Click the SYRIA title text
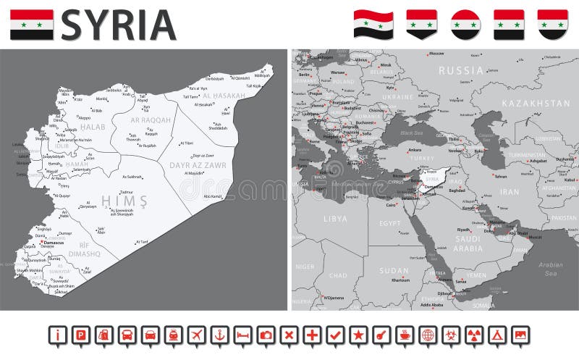pyautogui.click(x=119, y=25)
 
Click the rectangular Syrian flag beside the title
pyautogui.click(x=31, y=25)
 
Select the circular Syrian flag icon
pyautogui.click(x=465, y=24)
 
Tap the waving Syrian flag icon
pyautogui.click(x=373, y=24)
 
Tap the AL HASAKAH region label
pyautogui.click(x=225, y=95)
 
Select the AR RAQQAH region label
pyautogui.click(x=151, y=120)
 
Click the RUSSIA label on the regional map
pyautogui.click(x=460, y=70)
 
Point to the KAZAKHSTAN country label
pyautogui.click(x=536, y=104)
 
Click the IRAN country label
pyautogui.click(x=510, y=192)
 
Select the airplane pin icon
pyautogui.click(x=196, y=335)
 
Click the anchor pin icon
pyautogui.click(x=219, y=335)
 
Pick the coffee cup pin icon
pyautogui.click(x=404, y=335)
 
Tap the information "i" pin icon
pyautogui.click(x=58, y=335)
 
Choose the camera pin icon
pyautogui.click(x=266, y=335)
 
